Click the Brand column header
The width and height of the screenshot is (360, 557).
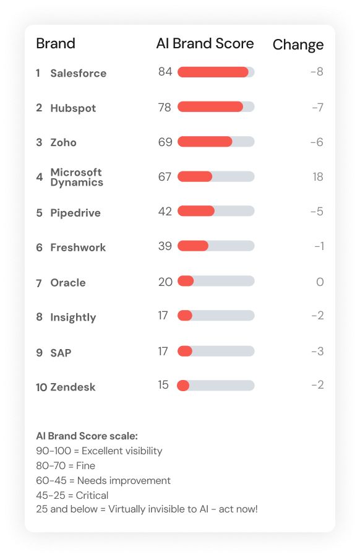click(x=56, y=43)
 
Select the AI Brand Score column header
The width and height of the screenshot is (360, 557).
click(x=205, y=43)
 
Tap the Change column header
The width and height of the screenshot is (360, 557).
click(x=298, y=45)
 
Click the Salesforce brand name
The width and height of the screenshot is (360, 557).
click(x=78, y=73)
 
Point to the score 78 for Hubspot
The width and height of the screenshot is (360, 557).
click(x=165, y=107)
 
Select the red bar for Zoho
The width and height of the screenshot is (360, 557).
click(x=205, y=142)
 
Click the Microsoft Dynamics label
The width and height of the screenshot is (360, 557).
click(x=77, y=177)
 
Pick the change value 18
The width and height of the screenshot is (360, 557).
click(x=317, y=177)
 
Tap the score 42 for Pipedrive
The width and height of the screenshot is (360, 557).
click(x=165, y=211)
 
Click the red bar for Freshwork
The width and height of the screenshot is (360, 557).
click(x=193, y=246)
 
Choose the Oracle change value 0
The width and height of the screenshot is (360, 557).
click(x=320, y=282)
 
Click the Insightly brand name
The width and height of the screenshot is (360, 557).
click(x=73, y=317)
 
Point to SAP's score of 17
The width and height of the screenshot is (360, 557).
click(x=163, y=351)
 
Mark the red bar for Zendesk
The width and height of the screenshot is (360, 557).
click(x=183, y=386)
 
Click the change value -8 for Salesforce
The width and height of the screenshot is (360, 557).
click(x=317, y=72)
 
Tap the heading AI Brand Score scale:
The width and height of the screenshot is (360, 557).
click(x=87, y=436)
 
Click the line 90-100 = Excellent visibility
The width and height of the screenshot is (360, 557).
click(x=99, y=451)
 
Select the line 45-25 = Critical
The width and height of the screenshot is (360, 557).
click(x=72, y=495)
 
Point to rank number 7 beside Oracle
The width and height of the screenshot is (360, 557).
click(x=39, y=283)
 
